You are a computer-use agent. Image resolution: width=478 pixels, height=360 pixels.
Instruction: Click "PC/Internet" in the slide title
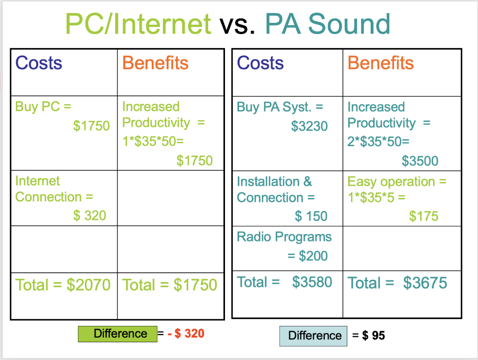pos(138,24)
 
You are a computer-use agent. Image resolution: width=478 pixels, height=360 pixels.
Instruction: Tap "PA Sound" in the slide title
pos(328,24)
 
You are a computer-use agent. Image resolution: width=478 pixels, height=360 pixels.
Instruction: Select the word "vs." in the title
pos(238,25)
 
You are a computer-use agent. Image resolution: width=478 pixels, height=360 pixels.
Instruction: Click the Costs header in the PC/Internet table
pos(39,63)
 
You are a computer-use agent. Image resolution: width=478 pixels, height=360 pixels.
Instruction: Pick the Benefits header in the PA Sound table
pos(380,63)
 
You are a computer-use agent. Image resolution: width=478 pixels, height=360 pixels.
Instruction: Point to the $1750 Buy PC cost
pos(91,126)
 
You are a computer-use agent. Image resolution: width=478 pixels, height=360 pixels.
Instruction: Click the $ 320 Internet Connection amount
pos(90,216)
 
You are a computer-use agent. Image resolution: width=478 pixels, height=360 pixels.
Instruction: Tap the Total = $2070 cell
pos(63,284)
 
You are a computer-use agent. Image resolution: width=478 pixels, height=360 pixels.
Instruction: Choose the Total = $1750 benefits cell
pos(170,284)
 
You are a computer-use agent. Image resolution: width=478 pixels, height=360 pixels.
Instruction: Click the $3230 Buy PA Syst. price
pos(309,126)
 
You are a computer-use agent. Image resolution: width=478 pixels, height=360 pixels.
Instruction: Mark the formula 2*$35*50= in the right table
pos(379,142)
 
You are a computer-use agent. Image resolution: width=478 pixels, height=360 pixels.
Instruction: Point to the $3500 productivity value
pos(420,162)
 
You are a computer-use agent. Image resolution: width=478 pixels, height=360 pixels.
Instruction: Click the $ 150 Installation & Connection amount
pos(311,216)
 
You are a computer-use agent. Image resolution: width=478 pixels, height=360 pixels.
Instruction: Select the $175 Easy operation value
pos(424,216)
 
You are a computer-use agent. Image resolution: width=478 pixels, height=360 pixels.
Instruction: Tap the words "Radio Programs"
pos(284,237)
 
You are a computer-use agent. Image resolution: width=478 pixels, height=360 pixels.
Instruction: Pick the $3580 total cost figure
pos(312,282)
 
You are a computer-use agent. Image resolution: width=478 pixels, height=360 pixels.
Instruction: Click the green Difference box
pos(118,334)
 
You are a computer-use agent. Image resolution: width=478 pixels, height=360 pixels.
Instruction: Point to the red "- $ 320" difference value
pos(186,333)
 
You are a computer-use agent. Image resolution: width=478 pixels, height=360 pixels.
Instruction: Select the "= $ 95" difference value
pos(369,335)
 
